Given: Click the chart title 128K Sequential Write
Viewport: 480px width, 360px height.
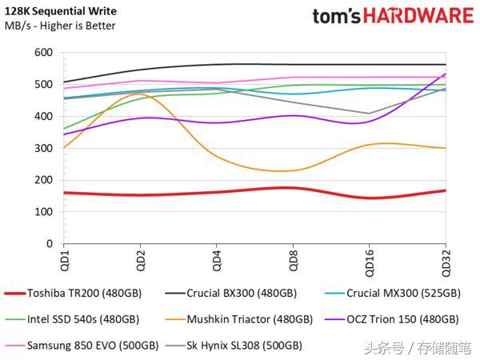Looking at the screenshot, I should click(x=61, y=11).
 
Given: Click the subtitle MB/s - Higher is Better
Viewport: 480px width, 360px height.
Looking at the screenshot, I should click(x=60, y=26).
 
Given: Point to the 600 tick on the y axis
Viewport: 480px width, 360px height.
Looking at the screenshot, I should click(x=43, y=53).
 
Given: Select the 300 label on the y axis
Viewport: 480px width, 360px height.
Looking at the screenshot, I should click(x=43, y=148).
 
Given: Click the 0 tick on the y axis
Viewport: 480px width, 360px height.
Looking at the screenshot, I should click(x=49, y=243).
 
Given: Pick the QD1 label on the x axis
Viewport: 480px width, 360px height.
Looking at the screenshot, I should click(x=65, y=260).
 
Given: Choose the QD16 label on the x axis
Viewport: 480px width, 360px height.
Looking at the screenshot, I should click(x=368, y=262).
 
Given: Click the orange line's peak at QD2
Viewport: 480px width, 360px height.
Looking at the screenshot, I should click(x=140, y=94).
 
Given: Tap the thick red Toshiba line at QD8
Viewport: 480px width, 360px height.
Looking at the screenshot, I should click(x=292, y=188).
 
